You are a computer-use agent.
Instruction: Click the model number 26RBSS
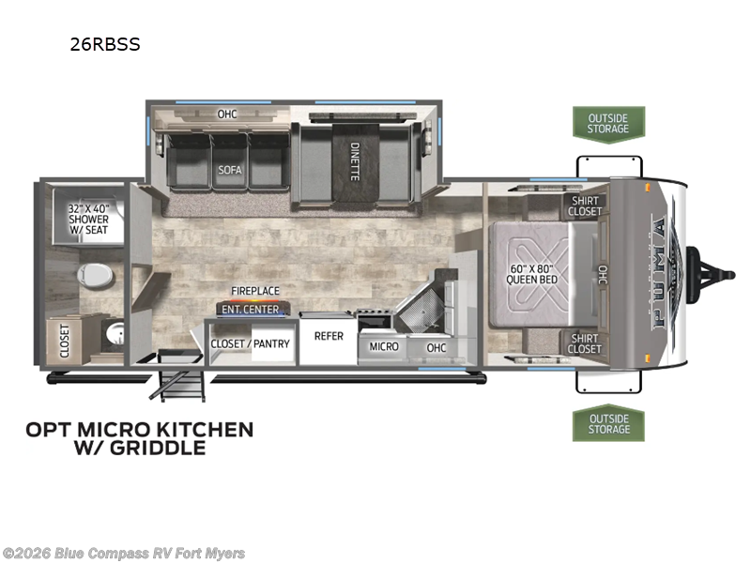pyautogui.click(x=105, y=44)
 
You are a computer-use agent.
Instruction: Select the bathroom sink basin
pyautogui.click(x=115, y=334)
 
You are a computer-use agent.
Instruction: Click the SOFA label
pyautogui.click(x=230, y=170)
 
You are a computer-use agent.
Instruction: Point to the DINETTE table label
pyautogui.click(x=355, y=161)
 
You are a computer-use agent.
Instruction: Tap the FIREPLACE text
pyautogui.click(x=255, y=291)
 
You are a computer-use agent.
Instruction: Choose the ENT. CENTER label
pyautogui.click(x=250, y=310)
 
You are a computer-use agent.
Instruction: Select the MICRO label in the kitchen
pyautogui.click(x=384, y=346)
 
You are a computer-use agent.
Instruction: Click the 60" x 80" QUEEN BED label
pyautogui.click(x=531, y=274)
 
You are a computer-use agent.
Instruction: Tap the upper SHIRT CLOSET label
pyautogui.click(x=585, y=205)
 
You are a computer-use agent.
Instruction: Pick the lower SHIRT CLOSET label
pyautogui.click(x=584, y=343)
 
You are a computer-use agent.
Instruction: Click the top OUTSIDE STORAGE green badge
pyautogui.click(x=608, y=124)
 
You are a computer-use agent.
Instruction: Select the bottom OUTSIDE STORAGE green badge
pyautogui.click(x=608, y=423)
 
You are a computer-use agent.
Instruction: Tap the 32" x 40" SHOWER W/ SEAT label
pyautogui.click(x=88, y=220)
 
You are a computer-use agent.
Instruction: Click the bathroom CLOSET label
pyautogui.click(x=65, y=342)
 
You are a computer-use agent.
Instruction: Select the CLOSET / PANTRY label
pyautogui.click(x=250, y=343)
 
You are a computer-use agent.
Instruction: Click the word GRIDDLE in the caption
pyautogui.click(x=158, y=448)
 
